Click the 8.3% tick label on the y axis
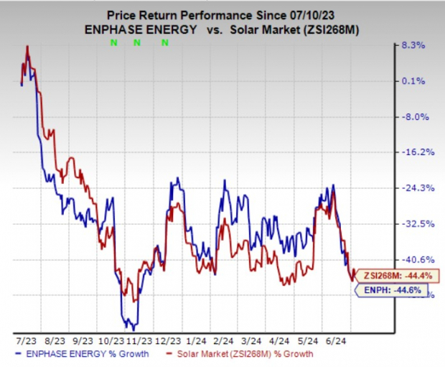pyautogui.click(x=416, y=45)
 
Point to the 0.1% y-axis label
pyautogui.click(x=416, y=81)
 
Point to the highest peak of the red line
pyautogui.click(x=27, y=47)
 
